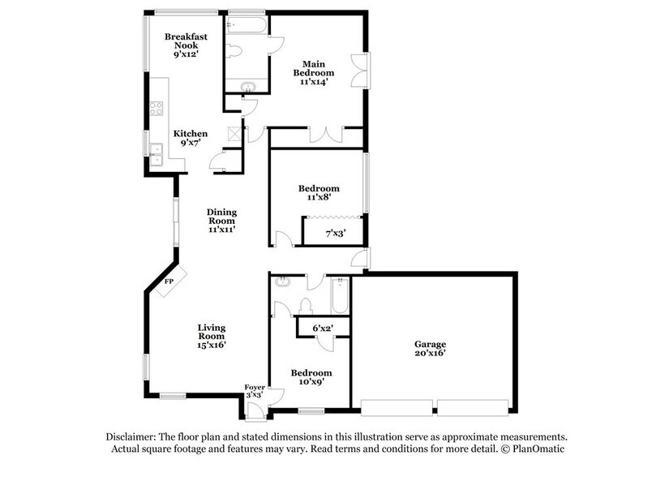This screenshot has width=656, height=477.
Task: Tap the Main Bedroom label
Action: click(x=315, y=72)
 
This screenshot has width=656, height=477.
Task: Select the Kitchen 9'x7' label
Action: click(x=191, y=138)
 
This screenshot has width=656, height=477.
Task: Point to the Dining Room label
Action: click(x=221, y=221)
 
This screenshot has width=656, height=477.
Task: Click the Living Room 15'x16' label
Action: click(x=211, y=336)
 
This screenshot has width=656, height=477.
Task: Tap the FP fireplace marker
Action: click(x=169, y=281)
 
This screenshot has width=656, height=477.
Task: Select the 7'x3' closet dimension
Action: click(x=335, y=234)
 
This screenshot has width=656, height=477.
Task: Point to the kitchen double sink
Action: click(x=156, y=153)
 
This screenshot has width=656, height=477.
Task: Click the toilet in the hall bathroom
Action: click(x=307, y=307)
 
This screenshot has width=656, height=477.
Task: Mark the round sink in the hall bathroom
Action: click(x=281, y=283)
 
